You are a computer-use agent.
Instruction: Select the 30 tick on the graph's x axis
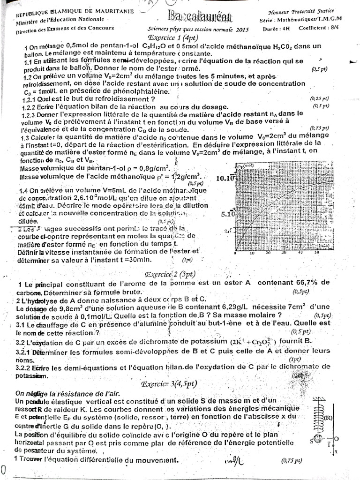coord(285,253)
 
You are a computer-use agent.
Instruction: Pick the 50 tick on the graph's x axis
coord(317,253)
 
